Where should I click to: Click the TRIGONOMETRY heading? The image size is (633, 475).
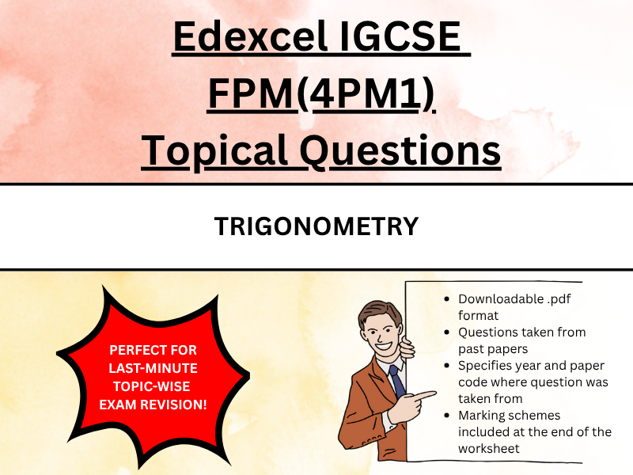[x=316, y=226]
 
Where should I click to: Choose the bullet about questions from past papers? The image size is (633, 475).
[x=521, y=340]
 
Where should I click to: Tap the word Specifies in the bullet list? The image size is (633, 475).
[x=486, y=366]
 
